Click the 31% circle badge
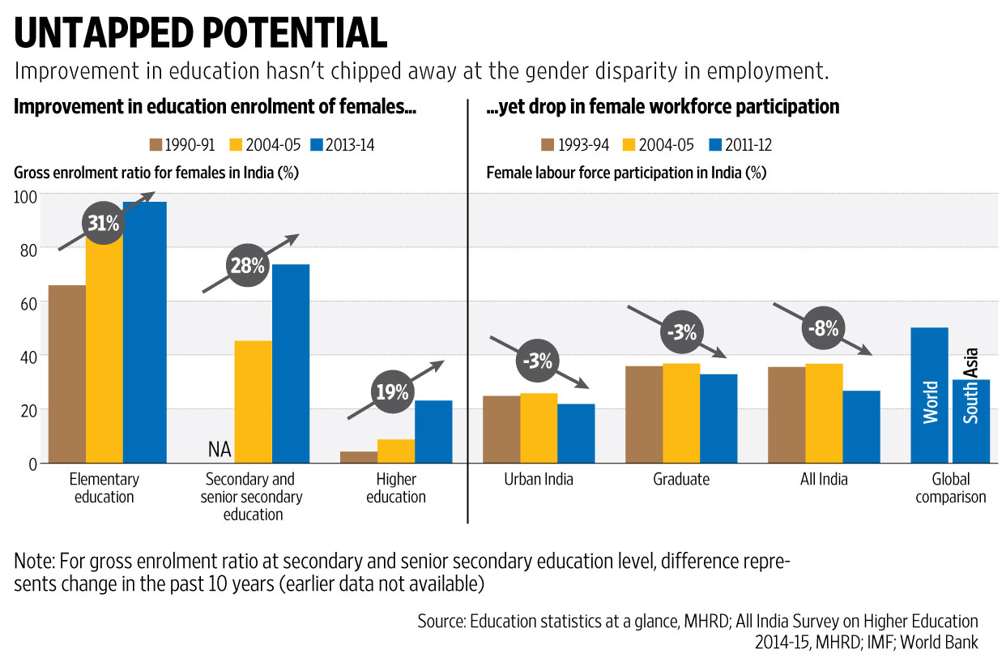point(103,223)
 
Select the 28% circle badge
point(246,265)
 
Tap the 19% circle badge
point(391,392)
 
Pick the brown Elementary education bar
point(66,374)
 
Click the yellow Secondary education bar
point(253,401)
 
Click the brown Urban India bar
point(501,429)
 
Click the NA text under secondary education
point(220,448)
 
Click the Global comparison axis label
point(951,488)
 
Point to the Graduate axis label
point(680,479)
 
